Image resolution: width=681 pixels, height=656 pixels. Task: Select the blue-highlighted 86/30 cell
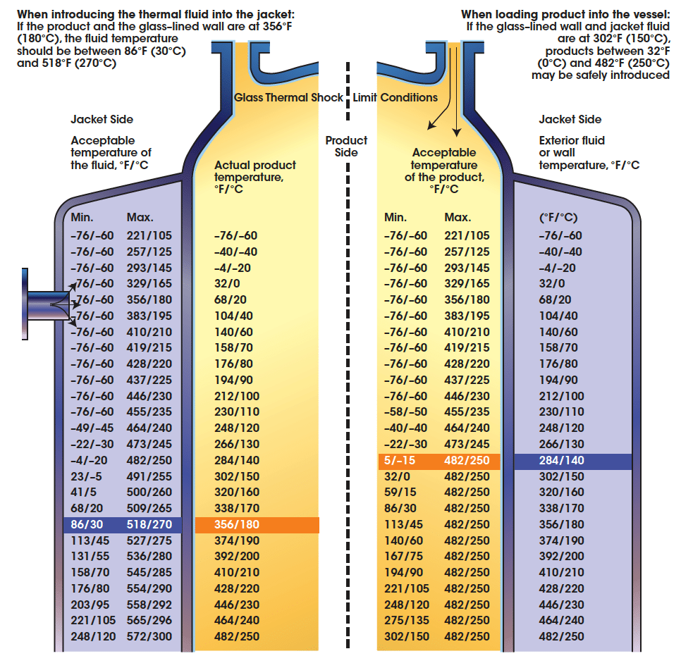[x=87, y=525]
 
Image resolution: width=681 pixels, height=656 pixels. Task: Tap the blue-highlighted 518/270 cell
[x=149, y=525]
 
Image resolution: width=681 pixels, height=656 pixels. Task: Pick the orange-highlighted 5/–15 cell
[x=400, y=461]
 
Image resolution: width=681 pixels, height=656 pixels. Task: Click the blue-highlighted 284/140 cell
[x=561, y=461]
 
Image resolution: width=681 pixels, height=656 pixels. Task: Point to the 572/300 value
[x=149, y=636]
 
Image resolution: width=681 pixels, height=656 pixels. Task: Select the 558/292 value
[x=149, y=605]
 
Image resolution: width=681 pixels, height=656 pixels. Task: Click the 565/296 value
[x=149, y=621]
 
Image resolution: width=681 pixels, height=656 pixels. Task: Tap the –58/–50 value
[x=405, y=412]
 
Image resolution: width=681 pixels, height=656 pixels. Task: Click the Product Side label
[x=346, y=147]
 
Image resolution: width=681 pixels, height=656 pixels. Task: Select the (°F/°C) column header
[x=558, y=218]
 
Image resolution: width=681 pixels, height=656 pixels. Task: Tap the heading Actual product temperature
[x=254, y=177]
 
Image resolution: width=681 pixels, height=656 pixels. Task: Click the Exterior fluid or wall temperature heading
[x=589, y=152]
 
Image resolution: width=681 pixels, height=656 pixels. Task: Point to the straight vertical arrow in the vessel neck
[x=457, y=92]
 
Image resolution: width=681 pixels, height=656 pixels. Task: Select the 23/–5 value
[x=87, y=476]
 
